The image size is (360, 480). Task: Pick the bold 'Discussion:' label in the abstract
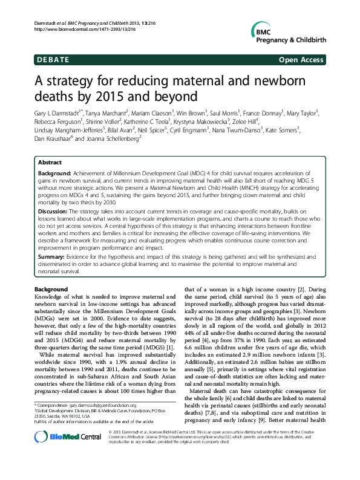pyautogui.click(x=56, y=212)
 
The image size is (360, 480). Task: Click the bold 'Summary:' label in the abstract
pyautogui.click(x=54, y=256)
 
